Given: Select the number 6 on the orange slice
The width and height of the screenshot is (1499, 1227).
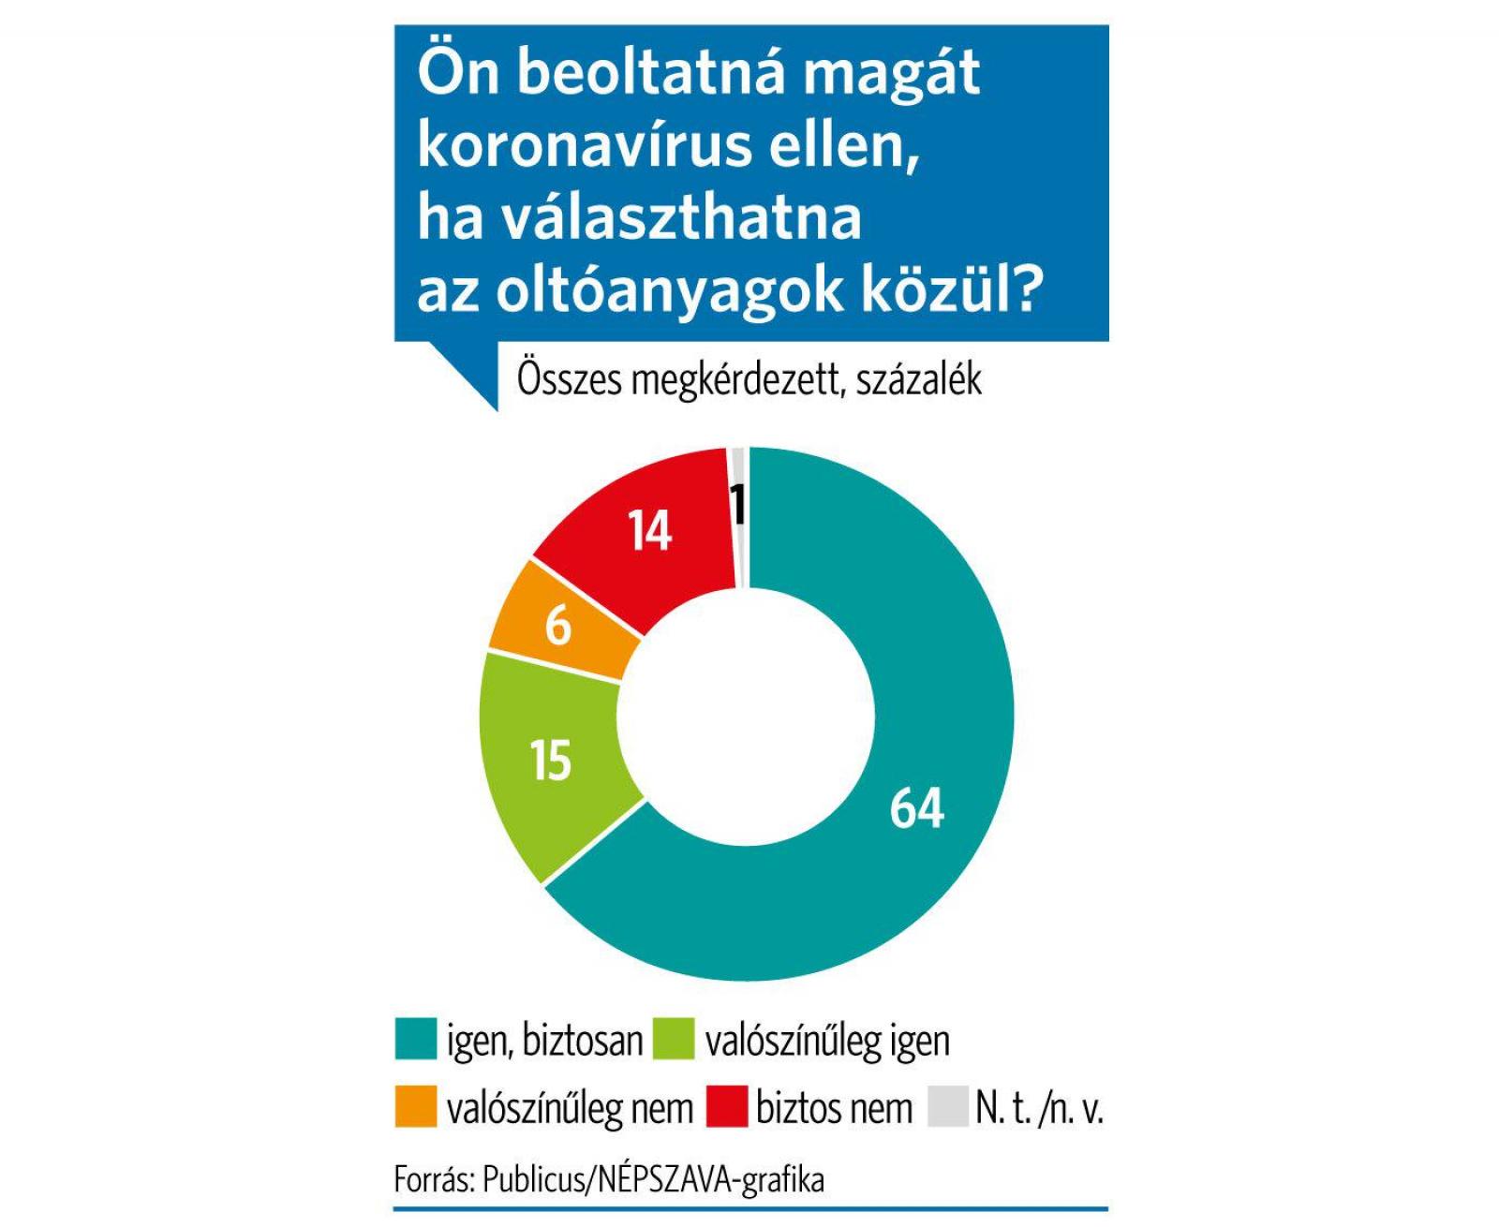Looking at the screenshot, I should click(x=558, y=627).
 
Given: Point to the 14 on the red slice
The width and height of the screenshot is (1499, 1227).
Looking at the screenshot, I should click(x=649, y=531).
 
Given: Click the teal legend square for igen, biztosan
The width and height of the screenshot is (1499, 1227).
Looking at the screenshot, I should click(x=416, y=1040).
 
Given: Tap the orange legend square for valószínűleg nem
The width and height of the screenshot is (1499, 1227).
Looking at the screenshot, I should click(x=416, y=1107).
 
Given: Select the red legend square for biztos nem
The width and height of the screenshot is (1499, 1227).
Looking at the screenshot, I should click(x=726, y=1107).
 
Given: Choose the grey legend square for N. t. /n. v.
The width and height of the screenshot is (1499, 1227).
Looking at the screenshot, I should click(x=947, y=1107).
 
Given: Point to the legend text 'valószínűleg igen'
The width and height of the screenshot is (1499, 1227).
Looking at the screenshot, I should click(x=827, y=1041).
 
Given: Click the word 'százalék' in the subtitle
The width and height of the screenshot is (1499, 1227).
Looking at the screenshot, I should click(x=918, y=380).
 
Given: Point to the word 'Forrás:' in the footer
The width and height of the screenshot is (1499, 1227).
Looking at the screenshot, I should click(x=434, y=1179).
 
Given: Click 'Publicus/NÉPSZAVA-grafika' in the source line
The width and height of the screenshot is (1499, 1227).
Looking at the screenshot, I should click(x=653, y=1179).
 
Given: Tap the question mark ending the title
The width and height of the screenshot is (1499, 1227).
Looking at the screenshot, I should click(x=1027, y=290).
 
